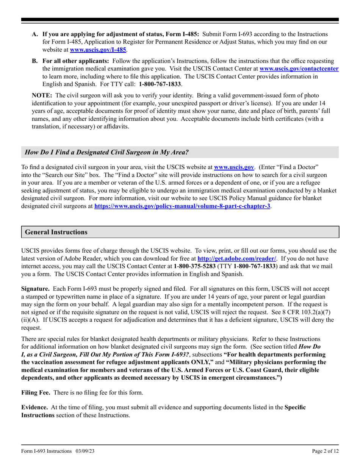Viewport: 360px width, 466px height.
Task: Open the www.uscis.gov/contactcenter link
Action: [x=299, y=69]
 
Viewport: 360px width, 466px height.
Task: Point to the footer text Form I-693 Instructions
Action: [x=46, y=451]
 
